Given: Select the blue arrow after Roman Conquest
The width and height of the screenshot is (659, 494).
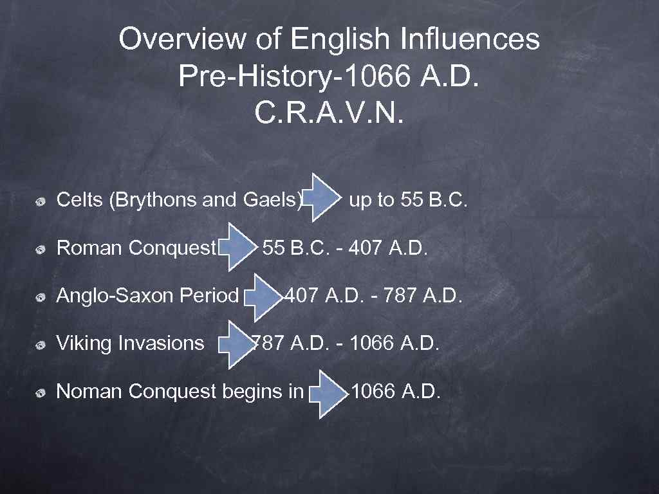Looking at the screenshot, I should (x=237, y=246).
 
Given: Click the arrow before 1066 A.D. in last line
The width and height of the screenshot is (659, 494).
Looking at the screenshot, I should (x=328, y=390).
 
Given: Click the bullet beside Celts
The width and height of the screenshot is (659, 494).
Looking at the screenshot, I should (x=41, y=201).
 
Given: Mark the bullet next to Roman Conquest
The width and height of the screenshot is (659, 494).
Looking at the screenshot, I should (x=41, y=249).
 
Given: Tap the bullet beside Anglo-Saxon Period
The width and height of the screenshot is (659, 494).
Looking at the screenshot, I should (x=41, y=297).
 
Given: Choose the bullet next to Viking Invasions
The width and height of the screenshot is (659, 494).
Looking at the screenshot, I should (x=41, y=345).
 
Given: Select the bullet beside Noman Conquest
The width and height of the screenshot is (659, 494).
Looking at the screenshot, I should (x=41, y=392).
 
